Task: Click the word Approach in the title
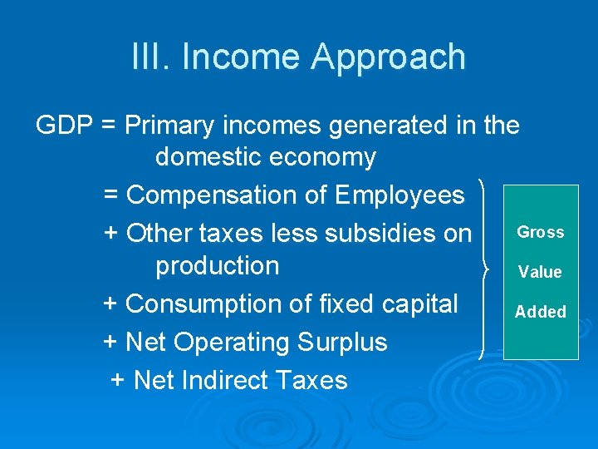[389, 58]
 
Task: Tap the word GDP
[65, 126]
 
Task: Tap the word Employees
[399, 195]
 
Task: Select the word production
[218, 266]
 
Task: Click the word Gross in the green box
[541, 232]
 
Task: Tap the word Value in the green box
[540, 272]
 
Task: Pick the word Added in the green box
[541, 312]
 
